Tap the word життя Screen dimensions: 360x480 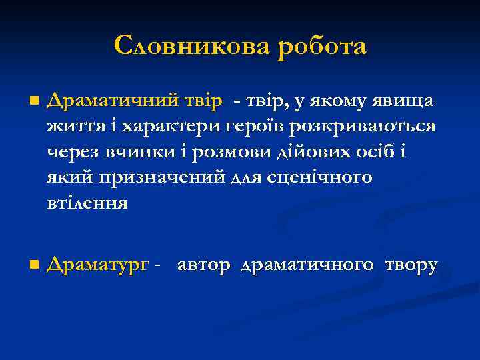click(x=70, y=127)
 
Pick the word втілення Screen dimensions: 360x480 click(x=87, y=203)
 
